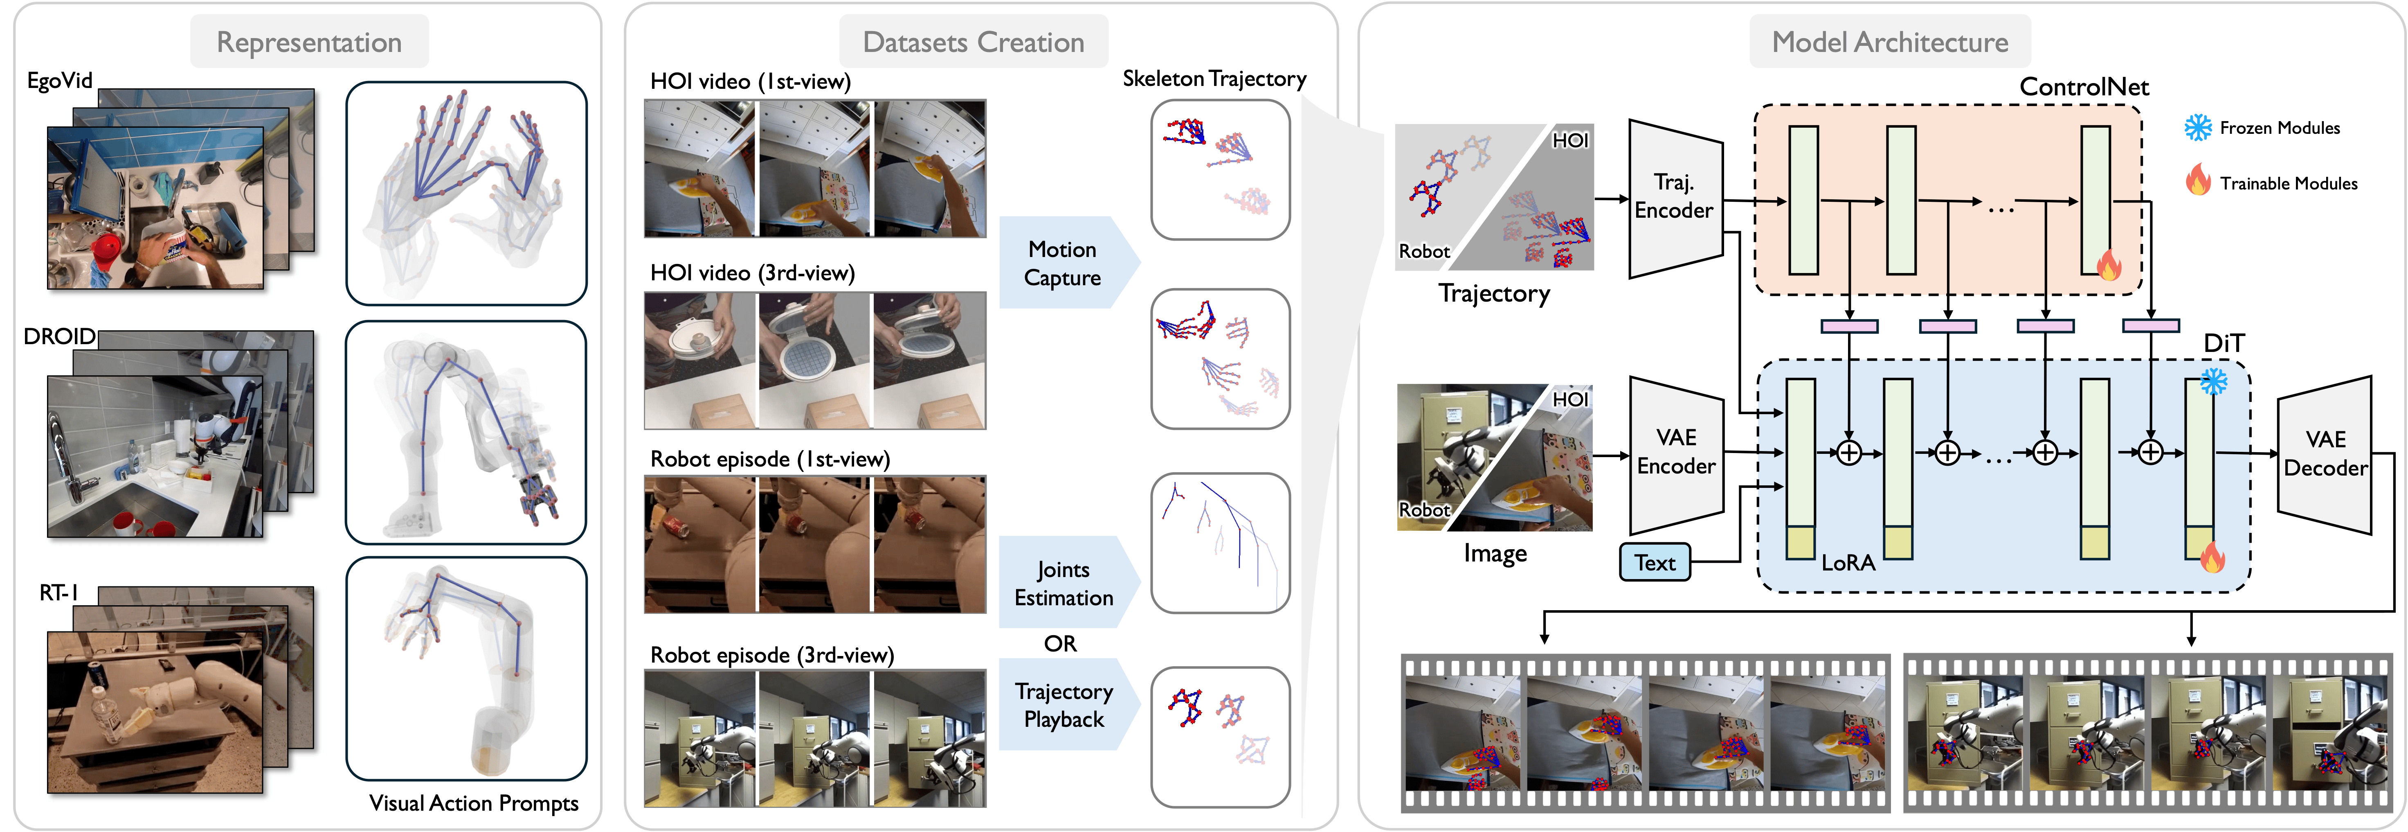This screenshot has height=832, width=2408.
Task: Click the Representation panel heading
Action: pos(309,42)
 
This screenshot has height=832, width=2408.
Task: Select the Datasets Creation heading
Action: pos(973,42)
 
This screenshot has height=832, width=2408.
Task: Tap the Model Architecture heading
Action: pos(1890,42)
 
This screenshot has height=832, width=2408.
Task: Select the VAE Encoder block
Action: pos(1676,453)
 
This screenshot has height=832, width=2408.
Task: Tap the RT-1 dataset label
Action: pos(59,593)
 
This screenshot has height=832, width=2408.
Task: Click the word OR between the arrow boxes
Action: pos(1060,643)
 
